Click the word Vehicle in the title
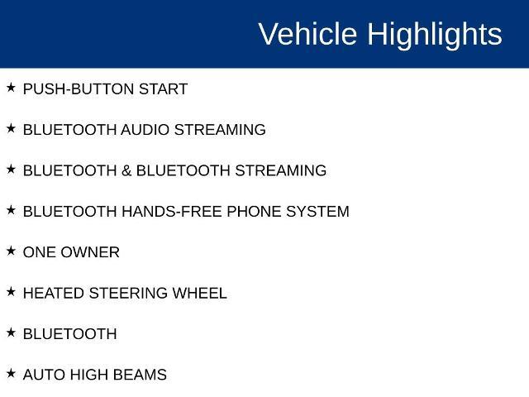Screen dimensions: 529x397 [x=307, y=34]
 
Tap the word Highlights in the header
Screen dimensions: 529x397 [x=435, y=36]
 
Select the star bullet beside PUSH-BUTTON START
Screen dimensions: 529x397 [x=11, y=88]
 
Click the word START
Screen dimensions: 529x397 [x=164, y=89]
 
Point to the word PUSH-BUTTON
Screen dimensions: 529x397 [x=79, y=89]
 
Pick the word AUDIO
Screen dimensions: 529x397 [x=145, y=130]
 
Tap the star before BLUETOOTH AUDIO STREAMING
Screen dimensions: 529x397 [x=11, y=128]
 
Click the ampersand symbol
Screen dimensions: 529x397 [x=126, y=170]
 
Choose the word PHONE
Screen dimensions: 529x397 [x=254, y=212]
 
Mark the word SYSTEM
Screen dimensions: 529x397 [x=317, y=212]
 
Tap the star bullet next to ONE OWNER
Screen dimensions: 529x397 [x=11, y=251]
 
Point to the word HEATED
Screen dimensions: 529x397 [x=53, y=294]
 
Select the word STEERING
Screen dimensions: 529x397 [x=128, y=294]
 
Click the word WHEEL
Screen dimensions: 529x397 [x=199, y=294]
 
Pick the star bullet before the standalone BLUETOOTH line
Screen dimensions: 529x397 [x=11, y=332]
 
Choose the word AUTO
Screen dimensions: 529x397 [x=44, y=375]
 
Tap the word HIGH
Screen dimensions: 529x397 [x=88, y=375]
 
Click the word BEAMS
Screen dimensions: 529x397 [x=140, y=375]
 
